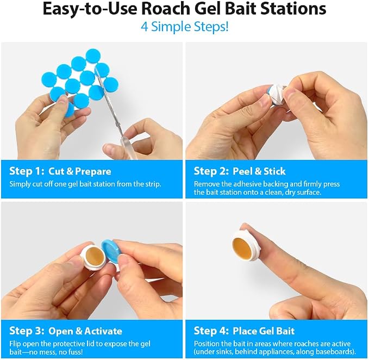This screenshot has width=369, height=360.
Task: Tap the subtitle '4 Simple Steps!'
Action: (185, 27)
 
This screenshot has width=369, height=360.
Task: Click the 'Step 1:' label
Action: (27, 171)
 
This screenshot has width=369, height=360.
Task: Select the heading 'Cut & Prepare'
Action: (79, 171)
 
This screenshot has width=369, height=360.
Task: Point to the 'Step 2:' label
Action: (211, 171)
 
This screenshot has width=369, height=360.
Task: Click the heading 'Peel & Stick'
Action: (259, 171)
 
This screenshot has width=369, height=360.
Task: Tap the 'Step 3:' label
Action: (27, 331)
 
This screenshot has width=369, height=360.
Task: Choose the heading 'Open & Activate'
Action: (85, 331)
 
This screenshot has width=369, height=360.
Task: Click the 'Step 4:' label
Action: (211, 331)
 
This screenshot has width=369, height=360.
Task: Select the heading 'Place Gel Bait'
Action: (264, 331)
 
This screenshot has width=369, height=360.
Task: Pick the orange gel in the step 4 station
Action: (243, 247)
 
